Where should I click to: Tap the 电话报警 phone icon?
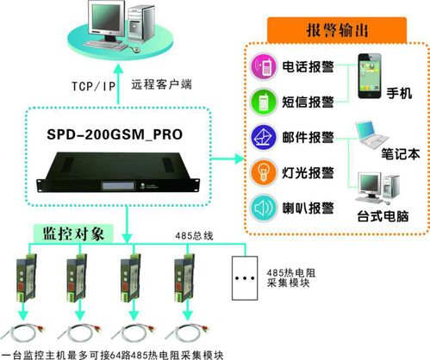tap(260, 66)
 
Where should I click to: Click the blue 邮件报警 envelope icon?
tap(260, 135)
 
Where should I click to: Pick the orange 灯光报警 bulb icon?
tap(260, 171)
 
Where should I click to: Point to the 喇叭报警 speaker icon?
tap(260, 208)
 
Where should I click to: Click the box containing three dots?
tap(246, 277)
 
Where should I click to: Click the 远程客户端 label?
tap(160, 85)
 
